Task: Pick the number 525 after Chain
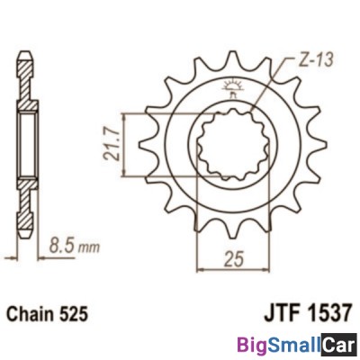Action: click(79, 316)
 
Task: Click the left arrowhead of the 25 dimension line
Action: click(202, 266)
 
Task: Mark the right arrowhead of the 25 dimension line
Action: click(261, 266)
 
